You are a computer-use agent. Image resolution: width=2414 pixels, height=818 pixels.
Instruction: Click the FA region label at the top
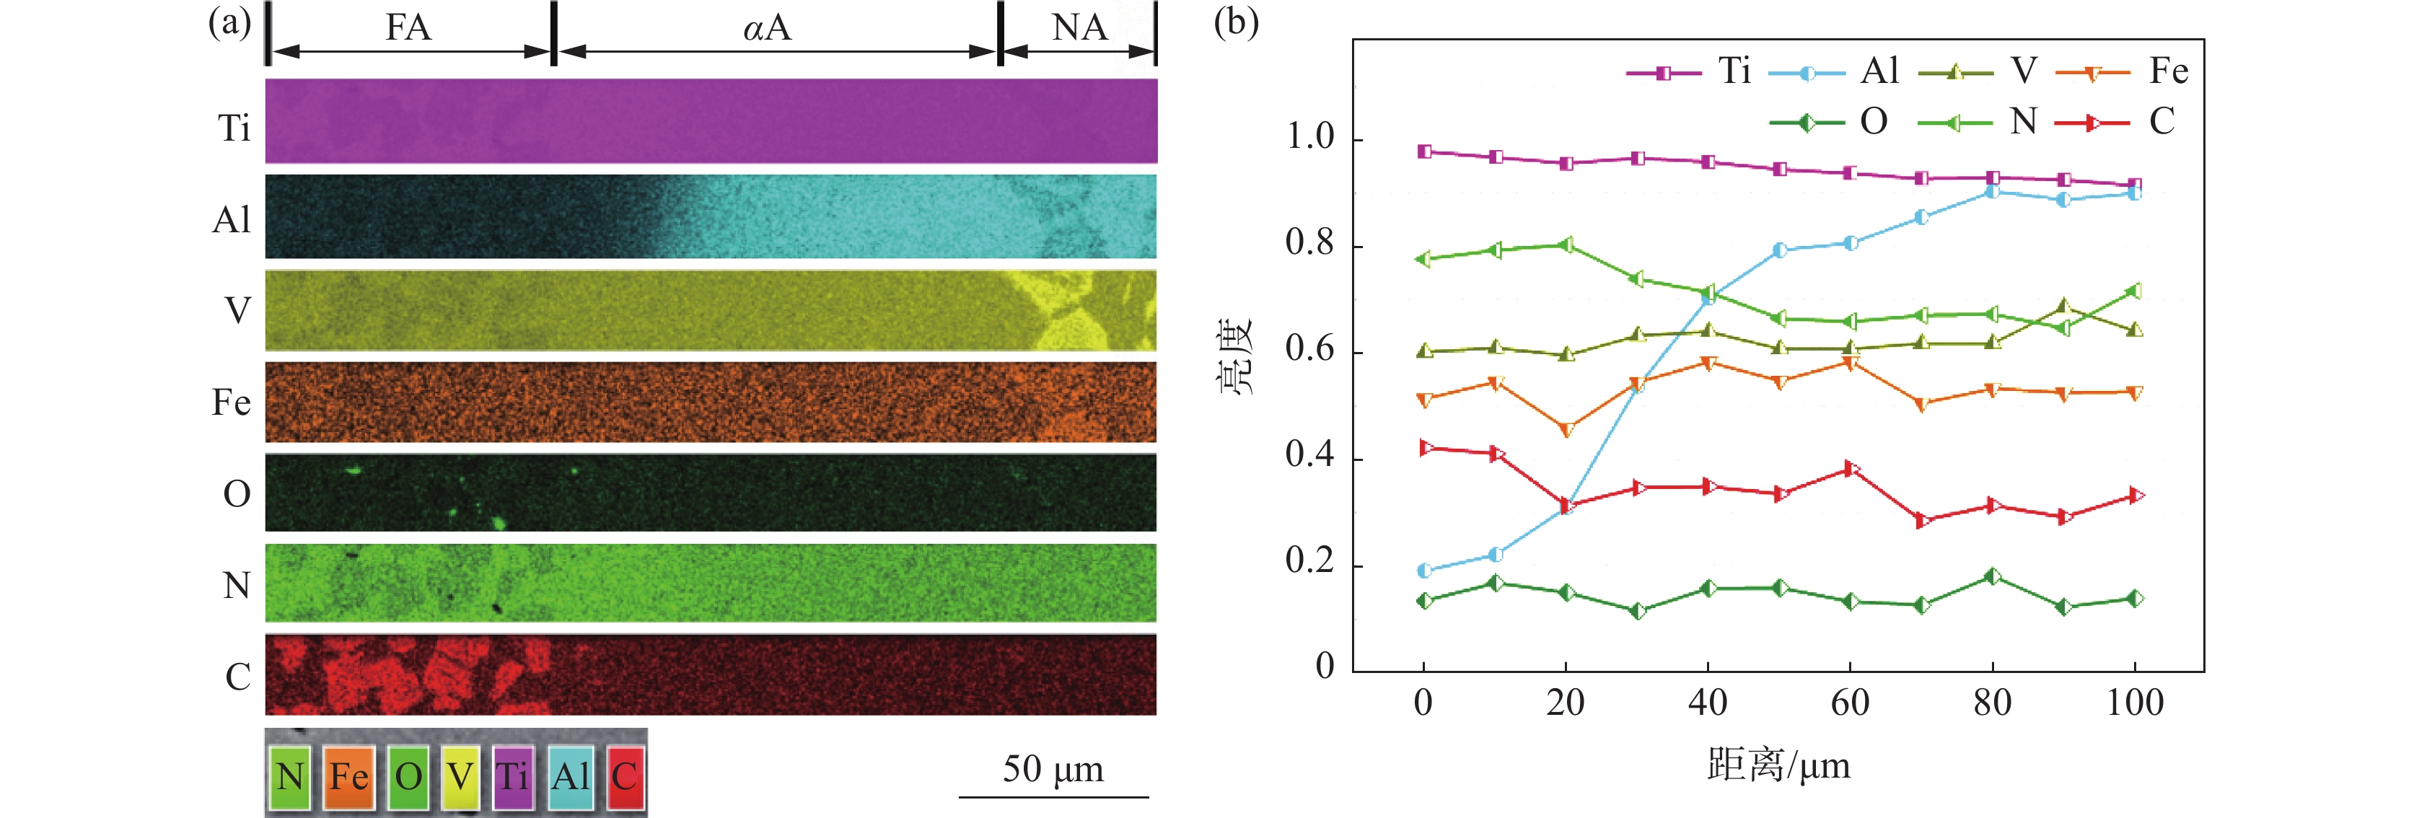[x=408, y=27]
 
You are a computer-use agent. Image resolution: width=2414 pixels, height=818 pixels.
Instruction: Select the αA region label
[x=768, y=27]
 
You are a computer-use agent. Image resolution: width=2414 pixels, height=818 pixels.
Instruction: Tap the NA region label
[x=1079, y=27]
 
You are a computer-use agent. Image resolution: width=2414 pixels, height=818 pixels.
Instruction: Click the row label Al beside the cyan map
[x=232, y=219]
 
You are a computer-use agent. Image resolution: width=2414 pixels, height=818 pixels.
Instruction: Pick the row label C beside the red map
[x=237, y=677]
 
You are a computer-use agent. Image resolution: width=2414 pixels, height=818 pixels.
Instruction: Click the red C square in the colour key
[x=625, y=776]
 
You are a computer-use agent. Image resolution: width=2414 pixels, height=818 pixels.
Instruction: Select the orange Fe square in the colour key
[x=348, y=776]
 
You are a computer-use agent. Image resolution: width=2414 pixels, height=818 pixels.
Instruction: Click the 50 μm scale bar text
[x=1053, y=769]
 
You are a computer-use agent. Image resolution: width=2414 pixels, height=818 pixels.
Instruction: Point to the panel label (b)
[x=1235, y=21]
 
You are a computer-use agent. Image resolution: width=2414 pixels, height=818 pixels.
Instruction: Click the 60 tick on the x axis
[x=1850, y=703]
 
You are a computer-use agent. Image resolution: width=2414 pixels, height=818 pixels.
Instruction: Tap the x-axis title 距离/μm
[x=1778, y=765]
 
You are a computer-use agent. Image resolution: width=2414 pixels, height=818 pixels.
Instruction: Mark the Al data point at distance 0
[x=1424, y=571]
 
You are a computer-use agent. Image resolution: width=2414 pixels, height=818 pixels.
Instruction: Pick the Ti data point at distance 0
[x=1424, y=151]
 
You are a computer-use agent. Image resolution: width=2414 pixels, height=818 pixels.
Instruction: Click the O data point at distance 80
[x=1992, y=576]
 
